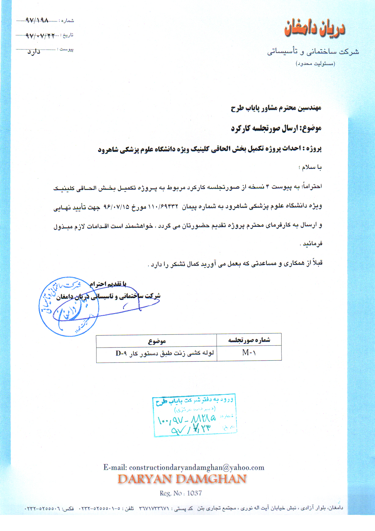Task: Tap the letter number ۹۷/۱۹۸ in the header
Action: click(37, 20)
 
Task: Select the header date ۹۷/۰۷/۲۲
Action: click(40, 36)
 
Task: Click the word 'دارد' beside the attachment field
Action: click(34, 52)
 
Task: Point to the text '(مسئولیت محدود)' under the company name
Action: click(315, 64)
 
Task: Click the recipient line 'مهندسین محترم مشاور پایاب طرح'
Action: click(276, 108)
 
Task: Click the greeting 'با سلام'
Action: click(311, 167)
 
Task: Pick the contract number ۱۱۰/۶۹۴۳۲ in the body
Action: click(163, 206)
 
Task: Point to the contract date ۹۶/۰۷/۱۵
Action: click(117, 207)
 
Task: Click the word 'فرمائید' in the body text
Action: click(312, 244)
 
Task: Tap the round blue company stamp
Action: click(69, 307)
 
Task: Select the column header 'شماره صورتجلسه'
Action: click(249, 340)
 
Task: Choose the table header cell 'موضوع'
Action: click(157, 341)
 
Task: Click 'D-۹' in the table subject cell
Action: click(121, 353)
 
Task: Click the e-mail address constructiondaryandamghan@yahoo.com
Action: click(197, 468)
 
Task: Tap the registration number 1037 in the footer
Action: click(195, 493)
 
